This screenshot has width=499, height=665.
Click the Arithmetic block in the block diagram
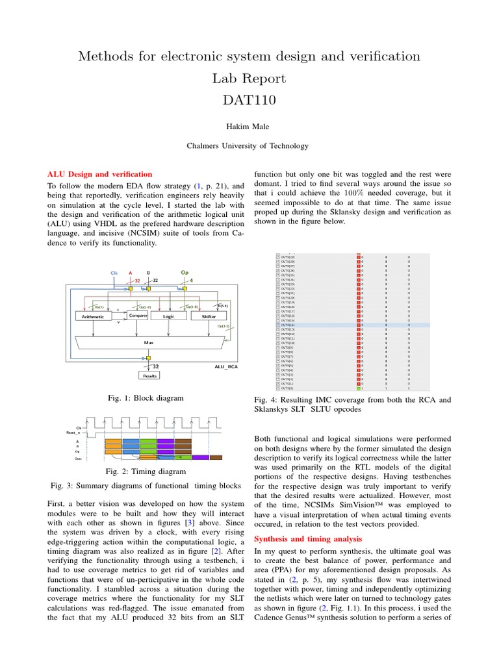93,316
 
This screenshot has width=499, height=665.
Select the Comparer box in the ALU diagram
138,316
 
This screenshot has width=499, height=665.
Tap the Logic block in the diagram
168,316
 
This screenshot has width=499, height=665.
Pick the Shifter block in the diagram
209,316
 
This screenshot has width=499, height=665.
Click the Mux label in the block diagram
148,341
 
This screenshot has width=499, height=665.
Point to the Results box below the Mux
150,375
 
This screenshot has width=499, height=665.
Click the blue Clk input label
114,273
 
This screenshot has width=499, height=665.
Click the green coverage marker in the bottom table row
359,388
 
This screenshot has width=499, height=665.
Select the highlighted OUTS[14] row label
287,325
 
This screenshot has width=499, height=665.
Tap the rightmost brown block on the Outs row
218,458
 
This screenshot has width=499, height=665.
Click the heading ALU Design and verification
101,174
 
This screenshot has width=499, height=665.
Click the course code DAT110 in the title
249,100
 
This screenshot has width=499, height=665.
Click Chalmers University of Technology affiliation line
249,146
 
